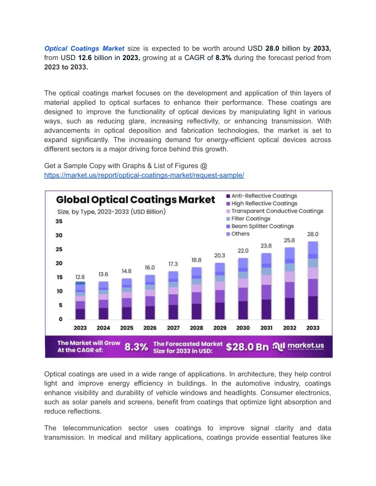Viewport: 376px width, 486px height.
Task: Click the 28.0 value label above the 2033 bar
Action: click(313, 235)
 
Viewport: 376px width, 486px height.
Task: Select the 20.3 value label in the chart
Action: click(220, 255)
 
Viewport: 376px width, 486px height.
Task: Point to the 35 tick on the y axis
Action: click(60, 221)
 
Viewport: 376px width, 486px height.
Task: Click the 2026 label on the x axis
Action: click(150, 328)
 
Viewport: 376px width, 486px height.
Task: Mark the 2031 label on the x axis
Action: click(266, 328)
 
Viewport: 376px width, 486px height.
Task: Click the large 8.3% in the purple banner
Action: click(136, 347)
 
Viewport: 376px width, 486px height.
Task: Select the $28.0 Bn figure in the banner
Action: click(248, 347)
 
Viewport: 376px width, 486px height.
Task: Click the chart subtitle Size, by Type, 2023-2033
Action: click(111, 211)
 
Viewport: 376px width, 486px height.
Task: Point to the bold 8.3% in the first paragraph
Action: click(225, 57)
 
